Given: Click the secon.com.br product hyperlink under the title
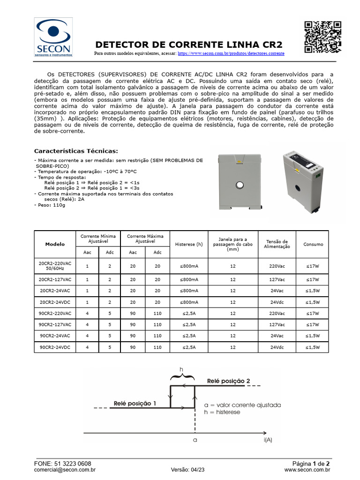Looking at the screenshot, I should (231, 54).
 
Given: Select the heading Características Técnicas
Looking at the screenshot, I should (76, 151).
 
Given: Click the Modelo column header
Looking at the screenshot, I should (55, 244).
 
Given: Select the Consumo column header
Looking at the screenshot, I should (313, 244).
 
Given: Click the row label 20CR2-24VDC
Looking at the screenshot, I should (55, 302).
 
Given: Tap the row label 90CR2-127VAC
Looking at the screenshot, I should (55, 324).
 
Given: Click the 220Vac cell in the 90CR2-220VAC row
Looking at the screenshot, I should (277, 313).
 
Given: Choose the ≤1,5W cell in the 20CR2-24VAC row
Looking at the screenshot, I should (313, 291).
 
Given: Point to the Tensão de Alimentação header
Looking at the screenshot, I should (277, 244).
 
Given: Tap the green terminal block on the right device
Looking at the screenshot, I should (318, 176).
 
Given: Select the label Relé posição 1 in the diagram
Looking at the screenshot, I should (135, 403).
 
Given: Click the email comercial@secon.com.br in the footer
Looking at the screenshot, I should (65, 469).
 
